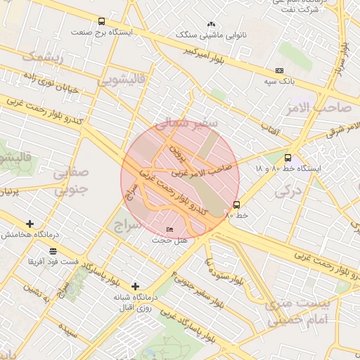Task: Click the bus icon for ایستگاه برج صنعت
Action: (102, 22)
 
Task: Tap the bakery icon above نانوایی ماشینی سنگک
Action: (212, 25)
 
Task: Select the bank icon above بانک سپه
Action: (280, 71)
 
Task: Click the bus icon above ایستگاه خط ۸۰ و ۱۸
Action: (288, 158)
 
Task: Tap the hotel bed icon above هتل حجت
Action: (170, 230)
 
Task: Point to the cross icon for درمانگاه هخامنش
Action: (30, 224)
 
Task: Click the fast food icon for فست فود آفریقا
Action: (53, 250)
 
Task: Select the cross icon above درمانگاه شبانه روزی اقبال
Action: (135, 286)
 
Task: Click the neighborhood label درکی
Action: (287, 190)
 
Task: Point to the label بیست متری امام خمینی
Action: (295, 310)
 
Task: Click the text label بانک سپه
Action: (279, 82)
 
